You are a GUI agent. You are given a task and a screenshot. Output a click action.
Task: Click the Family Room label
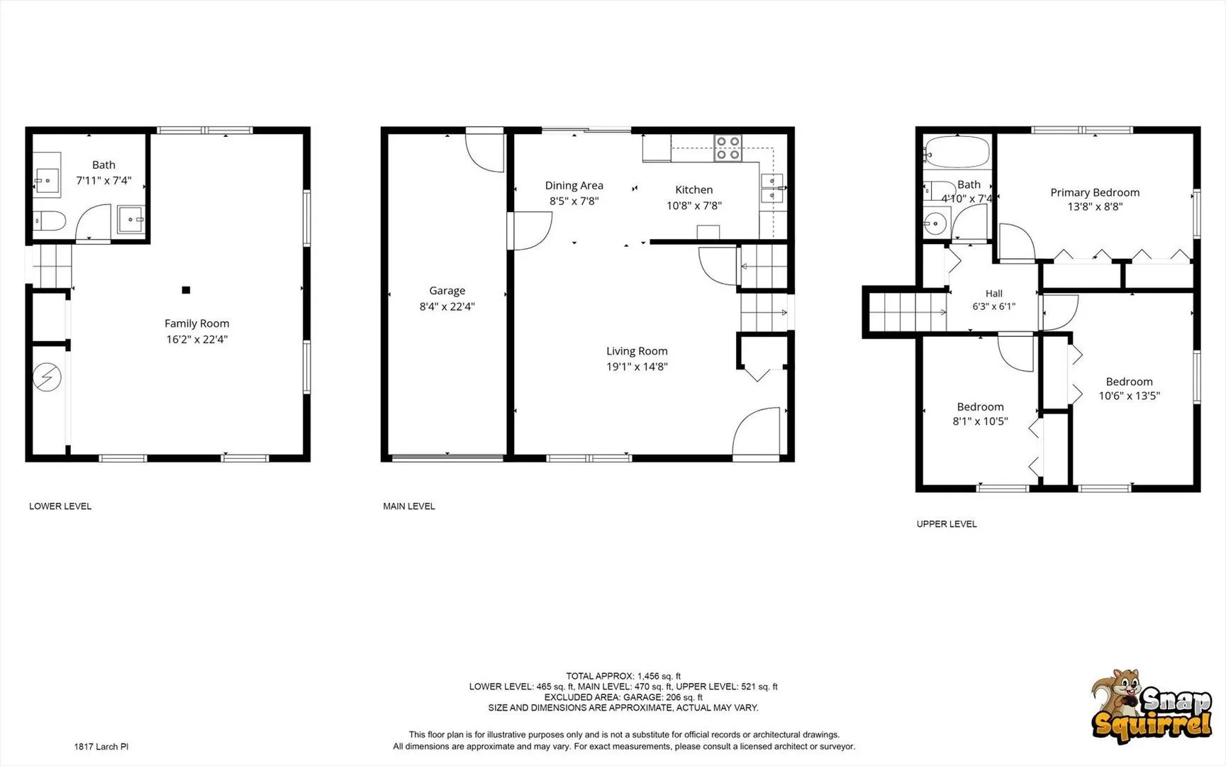(196, 323)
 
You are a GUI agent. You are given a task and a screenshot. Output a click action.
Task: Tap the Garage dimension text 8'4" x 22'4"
(447, 306)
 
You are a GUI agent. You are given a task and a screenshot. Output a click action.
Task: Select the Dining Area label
(574, 186)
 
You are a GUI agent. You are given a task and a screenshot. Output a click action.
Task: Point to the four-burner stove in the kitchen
(728, 148)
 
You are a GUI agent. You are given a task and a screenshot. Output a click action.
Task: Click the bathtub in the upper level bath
(957, 150)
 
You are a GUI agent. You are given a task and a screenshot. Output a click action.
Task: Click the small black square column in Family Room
(186, 289)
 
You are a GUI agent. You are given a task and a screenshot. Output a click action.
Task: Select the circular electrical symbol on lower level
(48, 377)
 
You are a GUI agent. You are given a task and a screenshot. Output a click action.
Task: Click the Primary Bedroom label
(1095, 192)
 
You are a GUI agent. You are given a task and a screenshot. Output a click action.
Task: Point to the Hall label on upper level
(993, 294)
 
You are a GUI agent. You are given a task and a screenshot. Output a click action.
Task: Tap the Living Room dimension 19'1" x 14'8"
(637, 367)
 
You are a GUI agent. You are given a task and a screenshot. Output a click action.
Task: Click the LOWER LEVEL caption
(60, 506)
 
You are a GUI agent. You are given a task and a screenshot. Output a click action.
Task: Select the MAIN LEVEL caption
(409, 506)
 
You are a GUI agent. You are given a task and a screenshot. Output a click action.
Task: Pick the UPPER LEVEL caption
(947, 524)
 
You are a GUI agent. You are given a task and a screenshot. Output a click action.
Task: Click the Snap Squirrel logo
(1151, 706)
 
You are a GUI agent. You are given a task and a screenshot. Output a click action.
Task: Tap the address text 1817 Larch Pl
(101, 747)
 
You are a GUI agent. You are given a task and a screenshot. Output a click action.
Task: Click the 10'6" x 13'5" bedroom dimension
(1129, 396)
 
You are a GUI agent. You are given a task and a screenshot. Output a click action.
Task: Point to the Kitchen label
(693, 190)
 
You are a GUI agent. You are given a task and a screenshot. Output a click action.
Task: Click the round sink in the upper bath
(935, 225)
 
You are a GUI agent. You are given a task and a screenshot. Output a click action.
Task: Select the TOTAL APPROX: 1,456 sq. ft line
(623, 677)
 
